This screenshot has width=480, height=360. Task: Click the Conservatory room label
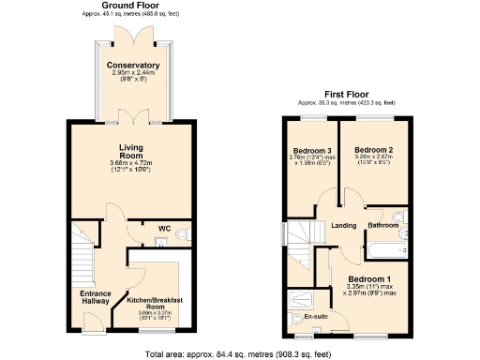132,65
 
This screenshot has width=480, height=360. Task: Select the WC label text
163,228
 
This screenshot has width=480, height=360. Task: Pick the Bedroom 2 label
373,150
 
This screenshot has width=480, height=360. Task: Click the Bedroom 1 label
368,279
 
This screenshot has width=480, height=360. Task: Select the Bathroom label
384,225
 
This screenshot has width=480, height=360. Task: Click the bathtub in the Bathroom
383,250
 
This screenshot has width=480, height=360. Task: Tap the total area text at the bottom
239,353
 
